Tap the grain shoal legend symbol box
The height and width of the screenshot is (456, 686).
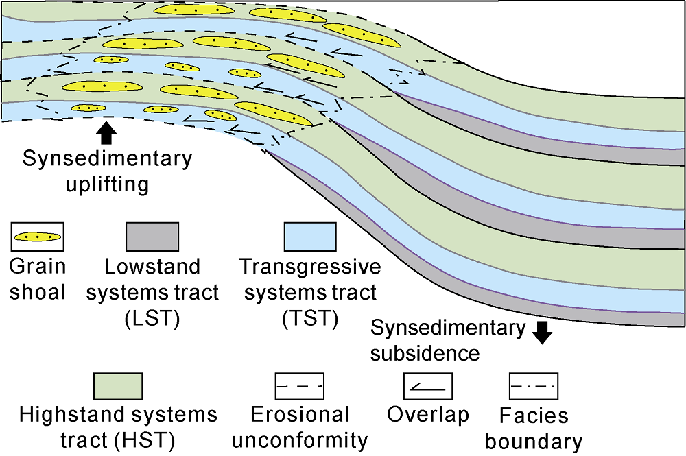click(38, 237)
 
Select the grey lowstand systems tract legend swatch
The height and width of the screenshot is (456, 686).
click(152, 237)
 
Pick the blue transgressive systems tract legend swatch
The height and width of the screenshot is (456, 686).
click(310, 237)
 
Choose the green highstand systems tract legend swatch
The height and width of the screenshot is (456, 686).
click(117, 385)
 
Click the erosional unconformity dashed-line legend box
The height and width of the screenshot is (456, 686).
click(299, 387)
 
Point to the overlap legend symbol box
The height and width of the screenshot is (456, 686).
click(428, 386)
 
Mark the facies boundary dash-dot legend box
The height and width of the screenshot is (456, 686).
click(533, 386)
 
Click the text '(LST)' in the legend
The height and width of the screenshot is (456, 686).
click(151, 320)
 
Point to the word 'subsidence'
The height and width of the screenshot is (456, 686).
click(425, 353)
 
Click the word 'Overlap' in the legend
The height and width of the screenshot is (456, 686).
click(428, 414)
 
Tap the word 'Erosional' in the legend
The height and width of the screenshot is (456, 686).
click(300, 414)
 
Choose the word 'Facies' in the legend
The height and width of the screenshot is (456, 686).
click(534, 416)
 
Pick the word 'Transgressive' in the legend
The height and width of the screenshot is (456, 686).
click(309, 266)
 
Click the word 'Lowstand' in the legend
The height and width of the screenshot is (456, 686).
click(152, 266)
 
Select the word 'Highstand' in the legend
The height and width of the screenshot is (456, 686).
click(65, 414)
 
